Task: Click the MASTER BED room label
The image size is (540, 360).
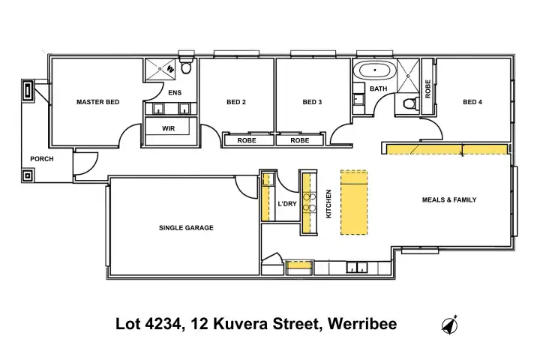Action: pyautogui.click(x=97, y=102)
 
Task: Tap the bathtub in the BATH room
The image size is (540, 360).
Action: pyautogui.click(x=375, y=70)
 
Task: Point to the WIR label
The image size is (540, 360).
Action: pyautogui.click(x=169, y=128)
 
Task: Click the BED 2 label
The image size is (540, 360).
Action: pyautogui.click(x=236, y=102)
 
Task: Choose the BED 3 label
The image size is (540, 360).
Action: pyautogui.click(x=312, y=102)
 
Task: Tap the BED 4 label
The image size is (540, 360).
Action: pyautogui.click(x=472, y=102)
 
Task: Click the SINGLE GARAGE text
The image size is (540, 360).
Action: pyautogui.click(x=186, y=228)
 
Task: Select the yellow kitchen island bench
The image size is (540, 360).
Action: pyautogui.click(x=354, y=202)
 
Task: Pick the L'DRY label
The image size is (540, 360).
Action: pyautogui.click(x=287, y=203)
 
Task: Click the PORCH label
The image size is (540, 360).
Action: pyautogui.click(x=42, y=159)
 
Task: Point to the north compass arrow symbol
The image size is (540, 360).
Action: pyautogui.click(x=449, y=325)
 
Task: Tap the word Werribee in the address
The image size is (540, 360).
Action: pyautogui.click(x=362, y=324)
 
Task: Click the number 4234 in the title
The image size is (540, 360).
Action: pyautogui.click(x=163, y=324)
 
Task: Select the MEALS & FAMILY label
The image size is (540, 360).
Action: pyautogui.click(x=449, y=199)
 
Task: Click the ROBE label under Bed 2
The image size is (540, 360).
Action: pyautogui.click(x=247, y=140)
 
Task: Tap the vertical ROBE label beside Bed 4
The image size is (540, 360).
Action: pyautogui.click(x=428, y=89)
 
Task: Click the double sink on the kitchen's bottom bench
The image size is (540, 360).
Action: pyautogui.click(x=357, y=267)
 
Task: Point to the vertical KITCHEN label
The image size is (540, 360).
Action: pyautogui.click(x=328, y=203)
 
